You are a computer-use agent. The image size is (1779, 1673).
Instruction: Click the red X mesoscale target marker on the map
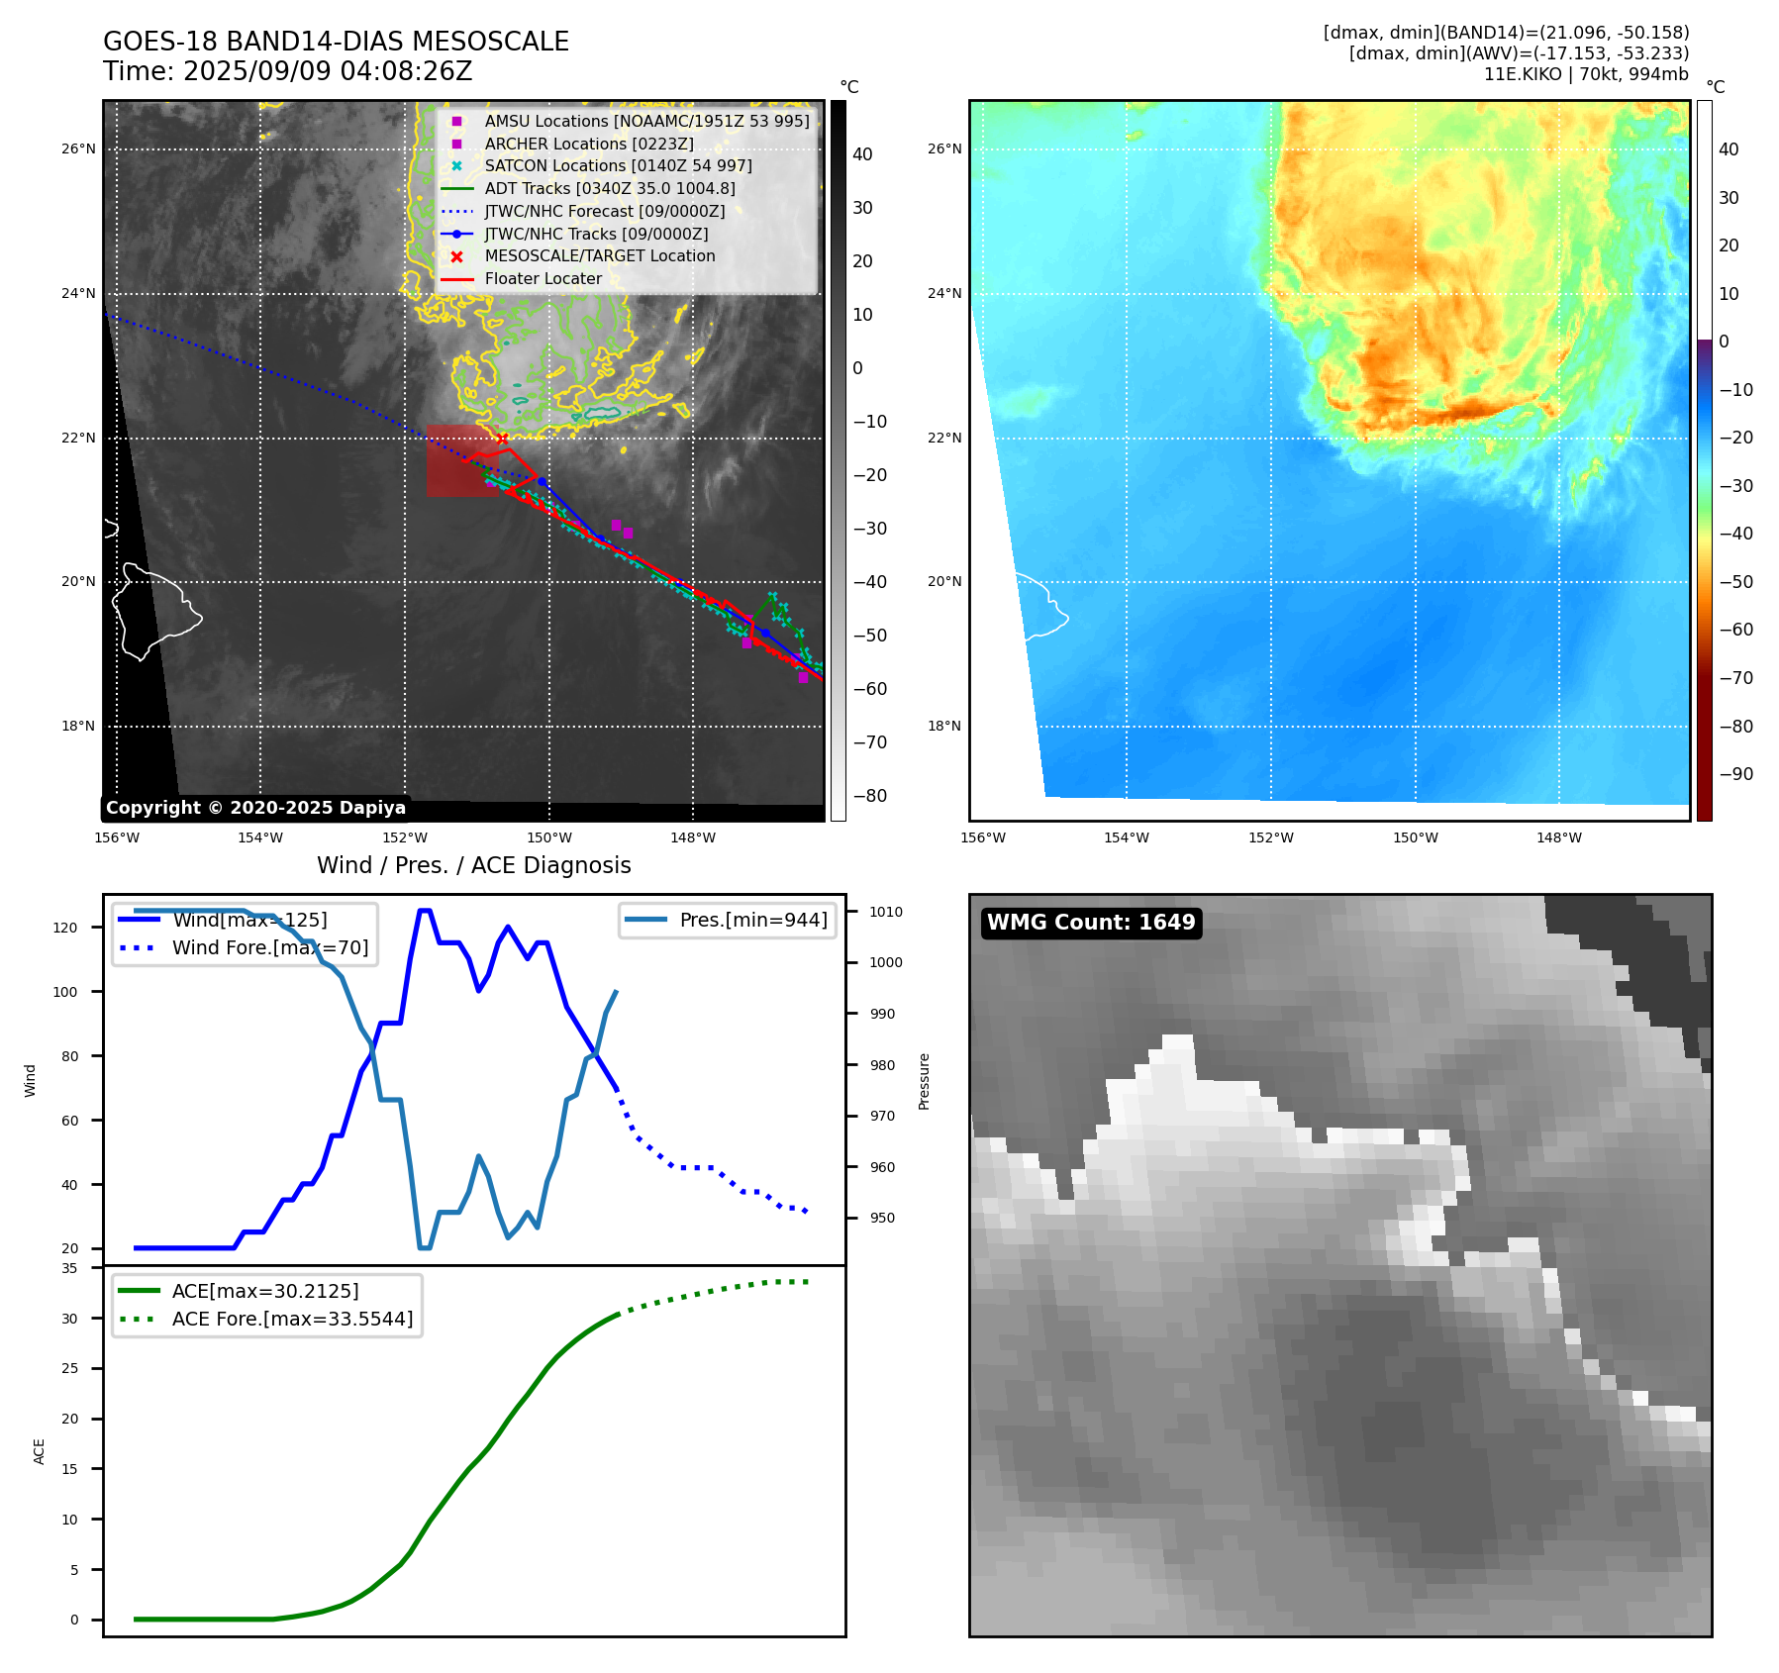tap(502, 439)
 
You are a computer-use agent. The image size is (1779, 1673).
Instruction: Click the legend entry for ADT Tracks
tap(609, 188)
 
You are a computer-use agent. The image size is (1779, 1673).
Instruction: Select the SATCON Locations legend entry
tap(618, 165)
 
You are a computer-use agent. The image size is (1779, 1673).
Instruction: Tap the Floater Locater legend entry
tap(543, 278)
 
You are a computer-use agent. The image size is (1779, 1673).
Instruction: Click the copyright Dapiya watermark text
tap(255, 808)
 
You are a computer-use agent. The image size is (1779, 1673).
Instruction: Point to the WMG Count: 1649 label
tap(1091, 923)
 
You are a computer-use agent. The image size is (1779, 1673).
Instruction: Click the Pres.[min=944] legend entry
tap(752, 920)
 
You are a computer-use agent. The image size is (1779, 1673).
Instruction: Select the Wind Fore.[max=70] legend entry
tap(269, 947)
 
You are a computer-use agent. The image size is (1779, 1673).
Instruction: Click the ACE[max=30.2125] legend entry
tap(264, 1291)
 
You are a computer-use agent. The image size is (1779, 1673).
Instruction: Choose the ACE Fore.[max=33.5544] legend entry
tap(292, 1319)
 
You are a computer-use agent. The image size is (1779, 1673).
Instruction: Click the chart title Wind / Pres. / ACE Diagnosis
tap(473, 865)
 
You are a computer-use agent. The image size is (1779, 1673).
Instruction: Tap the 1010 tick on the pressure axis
tap(886, 912)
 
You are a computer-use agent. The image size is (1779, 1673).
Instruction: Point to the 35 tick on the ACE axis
tap(69, 1268)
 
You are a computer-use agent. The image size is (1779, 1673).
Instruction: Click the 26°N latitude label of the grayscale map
tap(78, 149)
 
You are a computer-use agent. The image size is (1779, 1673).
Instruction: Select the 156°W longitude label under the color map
tap(982, 837)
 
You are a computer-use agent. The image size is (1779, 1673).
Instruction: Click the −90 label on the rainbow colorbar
tap(1735, 774)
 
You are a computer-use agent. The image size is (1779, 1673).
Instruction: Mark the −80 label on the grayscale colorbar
tap(870, 796)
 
